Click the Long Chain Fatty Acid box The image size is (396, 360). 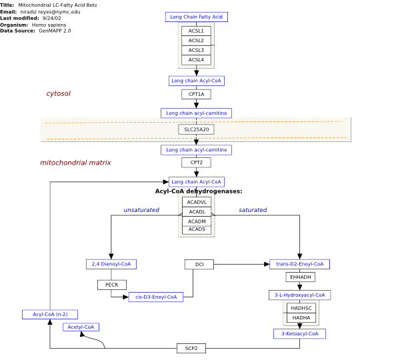197,17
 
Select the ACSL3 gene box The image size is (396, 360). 196,50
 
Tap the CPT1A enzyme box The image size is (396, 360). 196,94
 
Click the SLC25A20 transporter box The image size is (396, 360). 196,129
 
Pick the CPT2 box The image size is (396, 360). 196,163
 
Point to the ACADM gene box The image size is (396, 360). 197,221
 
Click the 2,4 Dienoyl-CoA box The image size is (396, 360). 111,264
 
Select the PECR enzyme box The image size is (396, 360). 112,285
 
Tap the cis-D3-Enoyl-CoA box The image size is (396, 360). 156,297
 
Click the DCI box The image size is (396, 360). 199,264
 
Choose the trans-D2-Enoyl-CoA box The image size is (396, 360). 299,264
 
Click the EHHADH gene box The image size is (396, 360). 300,277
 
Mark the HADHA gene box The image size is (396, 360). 301,317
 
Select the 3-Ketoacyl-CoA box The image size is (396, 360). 299,334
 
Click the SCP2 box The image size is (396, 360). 191,348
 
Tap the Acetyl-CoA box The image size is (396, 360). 81,327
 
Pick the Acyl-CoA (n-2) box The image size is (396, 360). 50,314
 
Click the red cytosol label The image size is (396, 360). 59,93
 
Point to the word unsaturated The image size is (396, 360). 141,210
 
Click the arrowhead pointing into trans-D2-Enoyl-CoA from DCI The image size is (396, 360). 267,264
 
